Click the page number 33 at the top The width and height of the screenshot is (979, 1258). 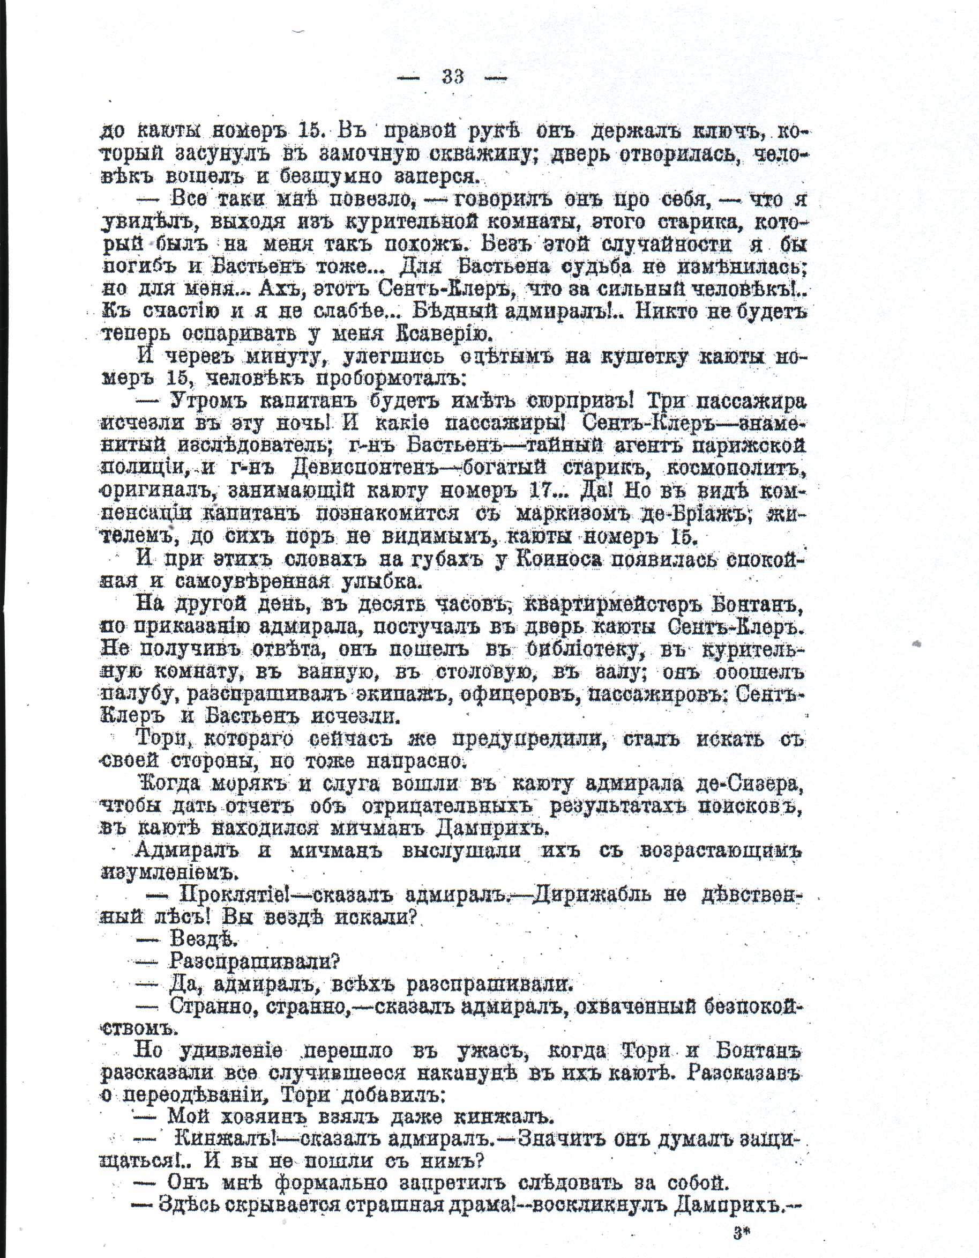tap(453, 77)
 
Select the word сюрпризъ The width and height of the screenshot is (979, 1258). tap(583, 401)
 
